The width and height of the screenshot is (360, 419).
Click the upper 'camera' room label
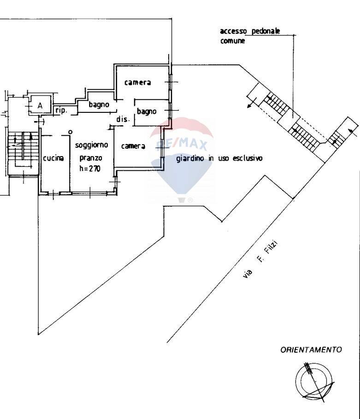point(137,82)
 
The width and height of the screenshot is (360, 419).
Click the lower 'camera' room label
point(133,146)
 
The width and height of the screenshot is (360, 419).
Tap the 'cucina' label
point(53,158)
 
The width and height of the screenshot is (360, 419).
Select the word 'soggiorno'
point(91,145)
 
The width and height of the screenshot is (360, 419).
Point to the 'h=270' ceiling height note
point(90,169)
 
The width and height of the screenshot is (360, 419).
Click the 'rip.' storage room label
point(61,111)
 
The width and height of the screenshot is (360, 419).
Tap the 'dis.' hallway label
point(123,119)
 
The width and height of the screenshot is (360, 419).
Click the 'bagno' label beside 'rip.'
point(99,105)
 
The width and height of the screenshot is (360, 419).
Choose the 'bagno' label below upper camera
point(147,111)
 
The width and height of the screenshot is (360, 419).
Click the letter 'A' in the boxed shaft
point(40,105)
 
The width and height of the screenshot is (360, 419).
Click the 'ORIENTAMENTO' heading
point(311,350)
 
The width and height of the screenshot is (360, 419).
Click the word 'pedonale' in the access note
point(266,31)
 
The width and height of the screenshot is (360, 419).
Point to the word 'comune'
point(232,41)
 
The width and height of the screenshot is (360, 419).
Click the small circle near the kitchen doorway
point(70,132)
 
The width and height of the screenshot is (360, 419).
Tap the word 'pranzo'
point(91,158)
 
